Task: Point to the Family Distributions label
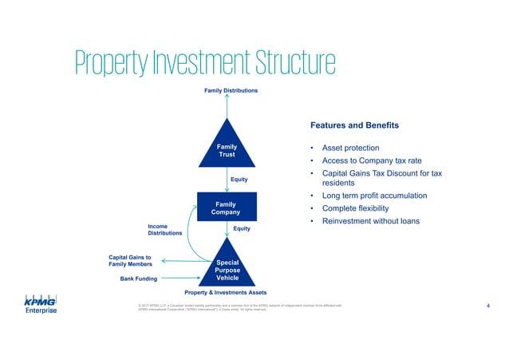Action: [x=231, y=91]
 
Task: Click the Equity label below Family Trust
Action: [x=239, y=180]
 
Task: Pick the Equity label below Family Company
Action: [x=242, y=229]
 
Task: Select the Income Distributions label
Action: [x=164, y=230]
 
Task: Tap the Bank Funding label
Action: [x=139, y=279]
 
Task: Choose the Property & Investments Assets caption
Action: [x=226, y=293]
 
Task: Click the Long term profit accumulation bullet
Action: [x=374, y=196]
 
